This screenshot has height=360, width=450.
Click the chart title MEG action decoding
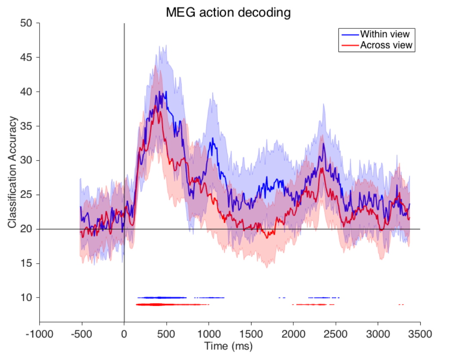pyautogui.click(x=228, y=13)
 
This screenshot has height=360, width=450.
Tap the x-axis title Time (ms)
pyautogui.click(x=228, y=346)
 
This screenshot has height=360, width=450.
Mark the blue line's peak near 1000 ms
pyautogui.click(x=211, y=138)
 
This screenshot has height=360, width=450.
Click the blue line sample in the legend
pyautogui.click(x=350, y=34)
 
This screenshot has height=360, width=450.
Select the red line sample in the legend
pyautogui.click(x=350, y=45)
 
